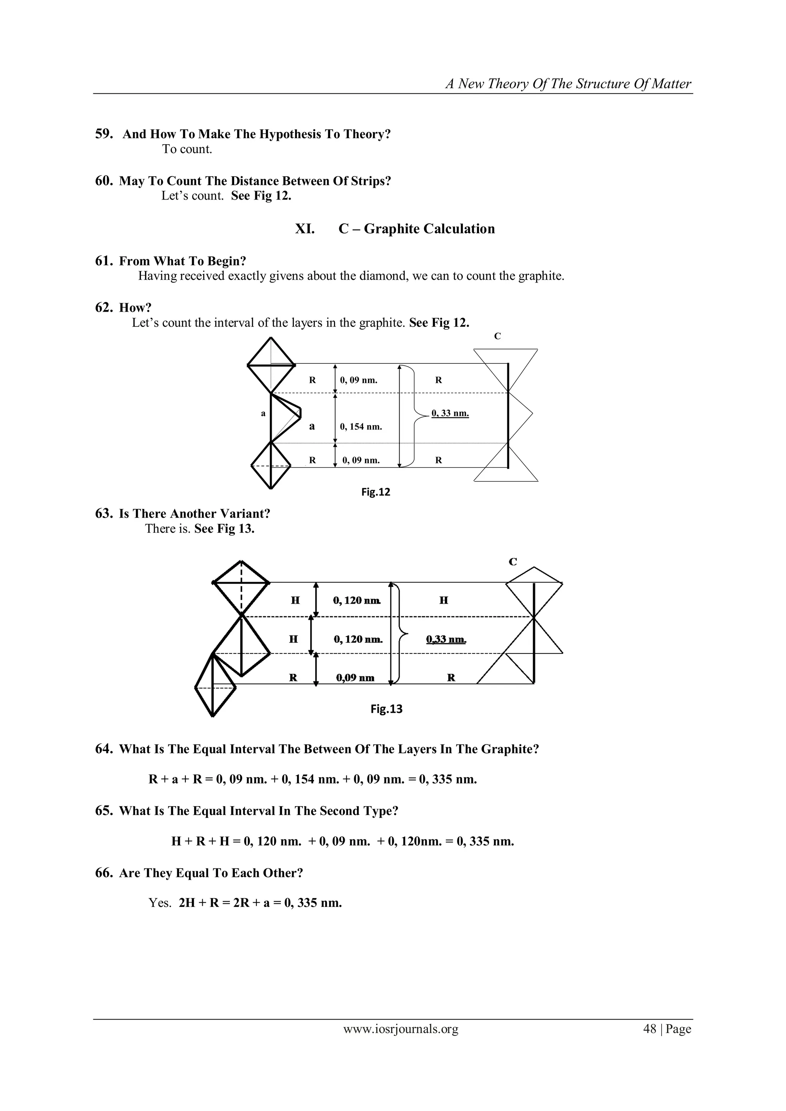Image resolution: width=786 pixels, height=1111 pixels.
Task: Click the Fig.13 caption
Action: tap(386, 709)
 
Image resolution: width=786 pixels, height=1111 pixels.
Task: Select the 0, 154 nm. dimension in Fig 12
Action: tap(361, 427)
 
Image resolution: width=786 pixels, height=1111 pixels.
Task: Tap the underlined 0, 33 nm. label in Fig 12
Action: tap(450, 413)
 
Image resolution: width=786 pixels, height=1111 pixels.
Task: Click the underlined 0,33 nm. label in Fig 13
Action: tap(446, 640)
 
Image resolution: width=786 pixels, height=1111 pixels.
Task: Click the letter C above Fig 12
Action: tap(497, 336)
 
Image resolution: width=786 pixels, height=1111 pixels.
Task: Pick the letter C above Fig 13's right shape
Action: tap(513, 562)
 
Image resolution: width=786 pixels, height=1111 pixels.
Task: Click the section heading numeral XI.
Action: tap(305, 229)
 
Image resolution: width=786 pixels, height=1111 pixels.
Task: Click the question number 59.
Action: tap(103, 134)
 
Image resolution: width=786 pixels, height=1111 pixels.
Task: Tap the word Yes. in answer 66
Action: tap(160, 903)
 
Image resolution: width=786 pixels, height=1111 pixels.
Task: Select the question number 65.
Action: tap(103, 811)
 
